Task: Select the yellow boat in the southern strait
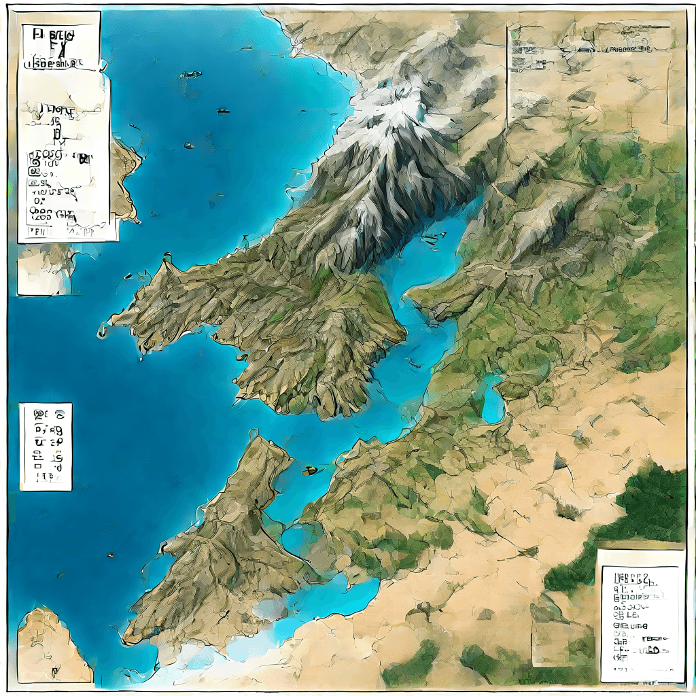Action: [310, 470]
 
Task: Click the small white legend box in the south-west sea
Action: [45, 446]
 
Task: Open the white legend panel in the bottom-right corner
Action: [640, 616]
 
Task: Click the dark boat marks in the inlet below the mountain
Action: [430, 238]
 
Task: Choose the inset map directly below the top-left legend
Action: [46, 269]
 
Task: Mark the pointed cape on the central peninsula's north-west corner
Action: [165, 262]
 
